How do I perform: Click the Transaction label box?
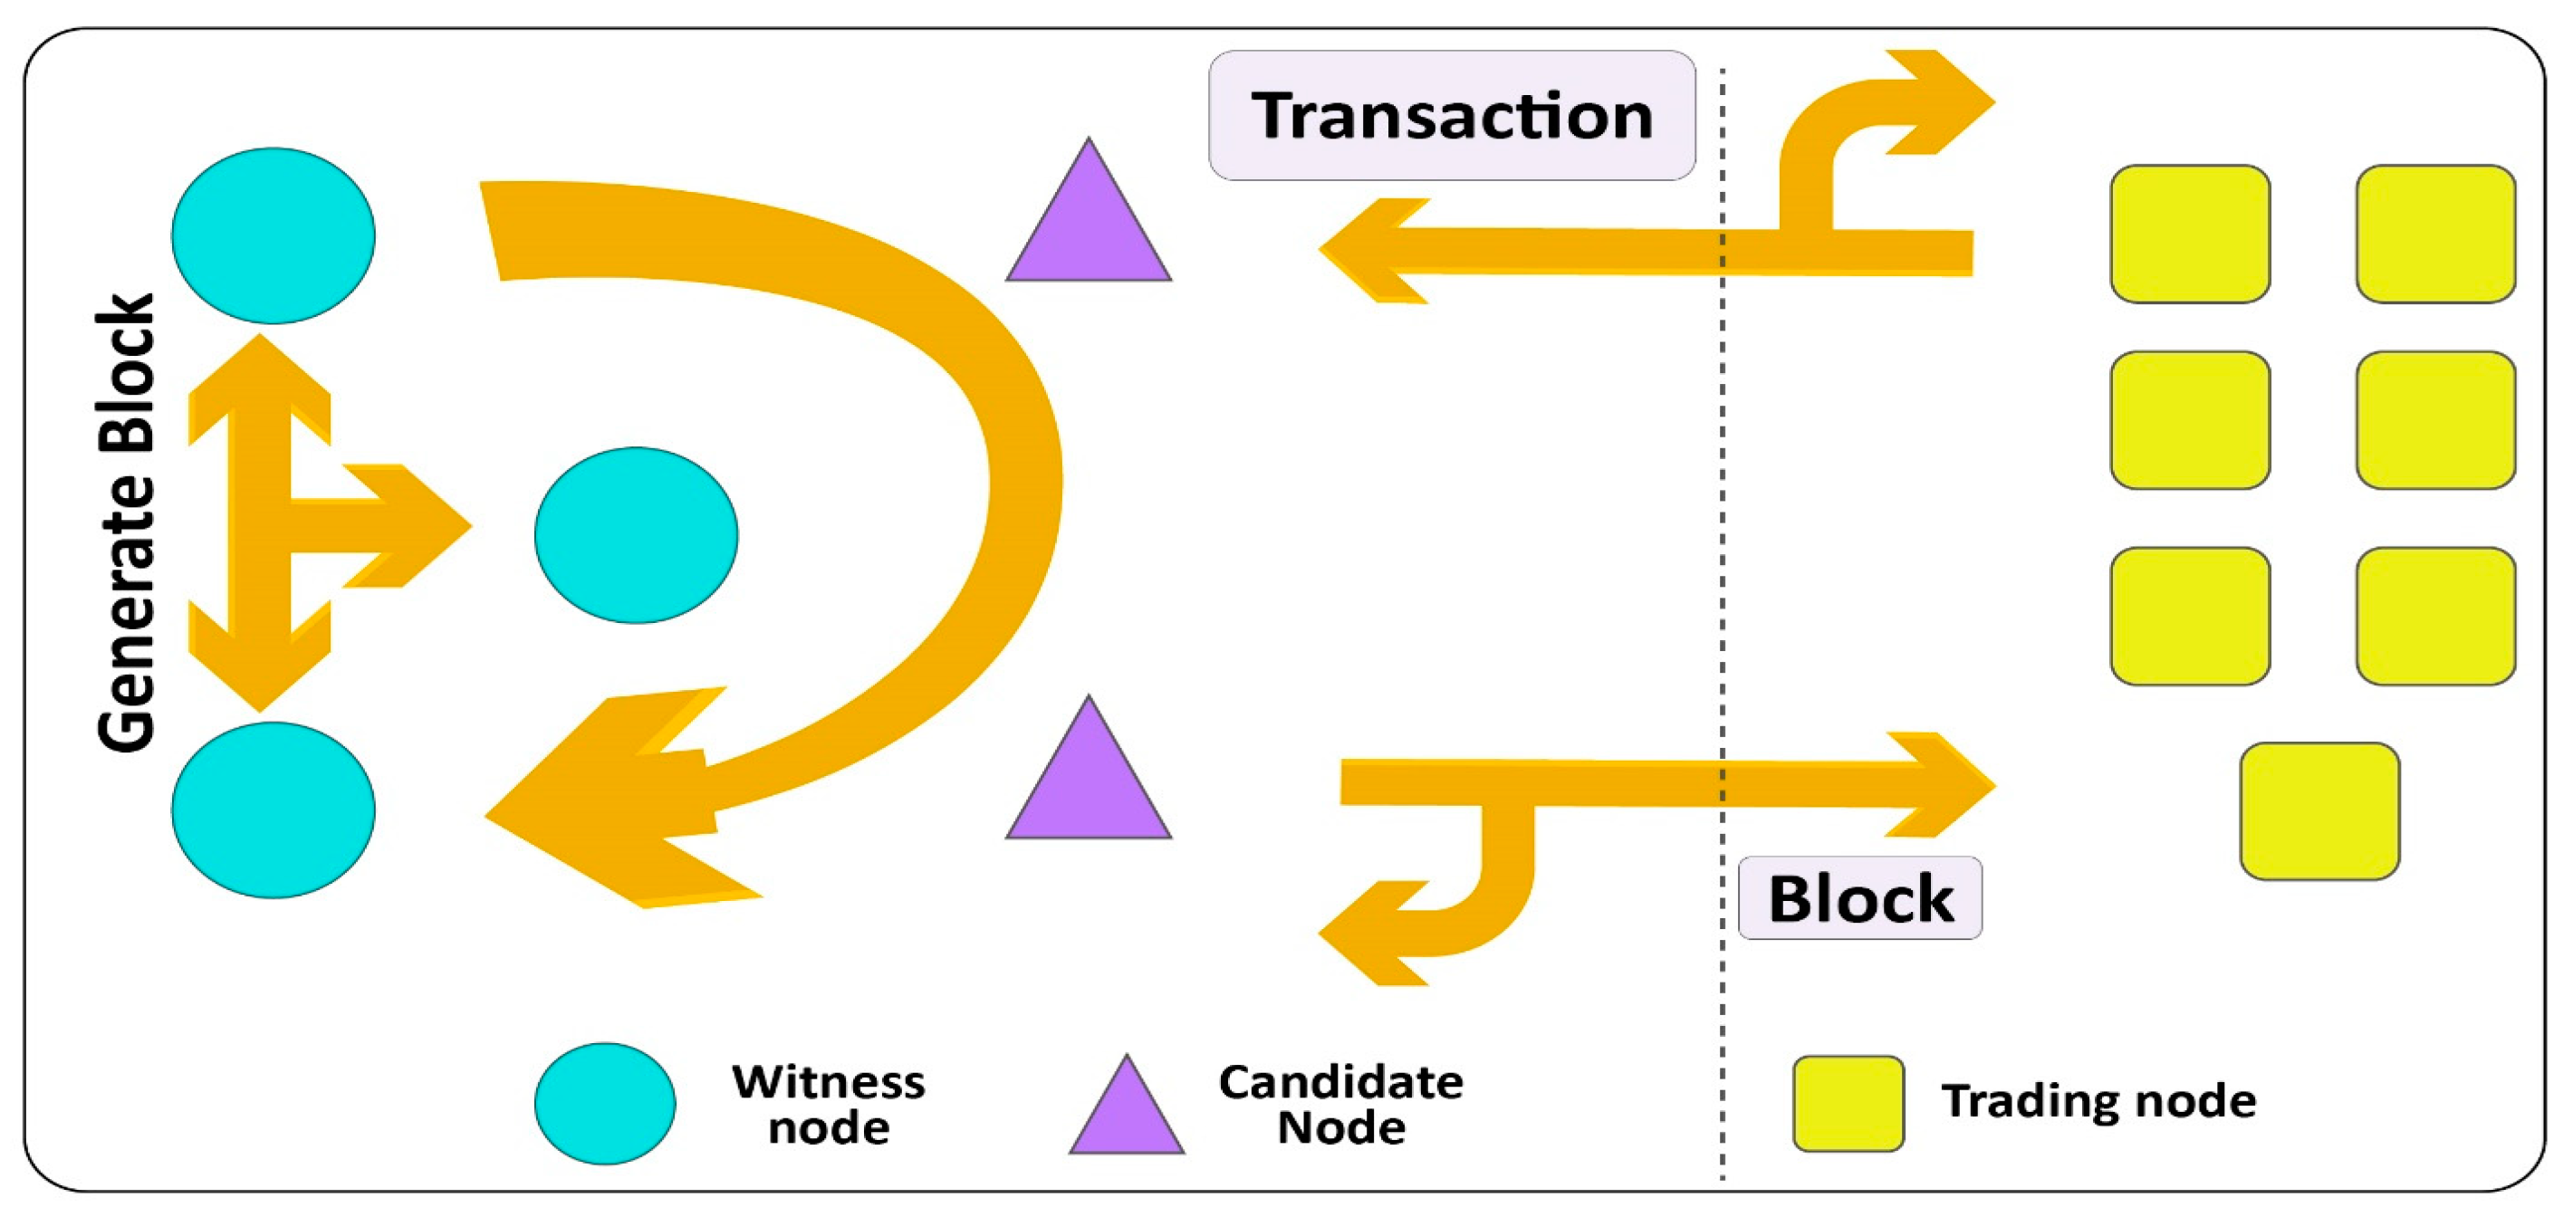pyautogui.click(x=1450, y=115)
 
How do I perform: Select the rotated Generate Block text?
pyautogui.click(x=126, y=522)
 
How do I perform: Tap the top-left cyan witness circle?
pyautogui.click(x=273, y=235)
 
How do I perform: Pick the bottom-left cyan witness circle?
pyautogui.click(x=273, y=810)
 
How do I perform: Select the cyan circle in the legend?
pyautogui.click(x=604, y=1103)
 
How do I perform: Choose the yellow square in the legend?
pyautogui.click(x=1847, y=1103)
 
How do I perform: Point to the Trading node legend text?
pyautogui.click(x=2098, y=1100)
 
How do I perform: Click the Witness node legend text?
pyautogui.click(x=828, y=1104)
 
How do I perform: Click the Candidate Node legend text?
pyautogui.click(x=1340, y=1104)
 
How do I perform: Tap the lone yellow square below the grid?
pyautogui.click(x=2319, y=810)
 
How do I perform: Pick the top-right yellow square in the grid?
pyautogui.click(x=2434, y=234)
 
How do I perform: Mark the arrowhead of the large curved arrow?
pyautogui.click(x=600, y=804)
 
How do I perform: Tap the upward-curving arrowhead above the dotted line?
pyautogui.click(x=1938, y=101)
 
